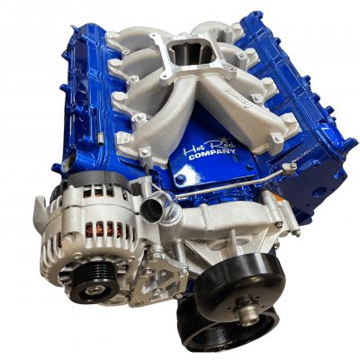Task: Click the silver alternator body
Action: click(81, 225)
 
